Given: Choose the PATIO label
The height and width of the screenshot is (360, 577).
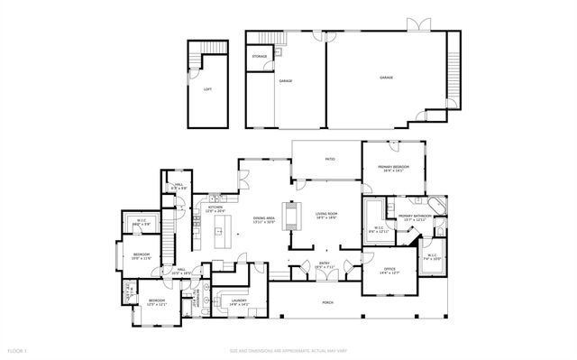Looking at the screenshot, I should (x=331, y=159).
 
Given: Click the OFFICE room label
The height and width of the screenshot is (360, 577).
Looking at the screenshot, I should (x=389, y=269).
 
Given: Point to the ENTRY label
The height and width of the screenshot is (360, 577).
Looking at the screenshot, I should (x=325, y=264).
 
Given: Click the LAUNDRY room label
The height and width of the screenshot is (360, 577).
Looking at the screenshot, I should (x=239, y=301).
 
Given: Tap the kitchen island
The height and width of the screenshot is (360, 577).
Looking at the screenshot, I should (x=217, y=238).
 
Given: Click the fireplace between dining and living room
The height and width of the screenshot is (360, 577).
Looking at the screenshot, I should (x=290, y=217).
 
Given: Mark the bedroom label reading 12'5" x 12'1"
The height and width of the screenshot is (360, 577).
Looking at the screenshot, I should (x=157, y=301).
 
